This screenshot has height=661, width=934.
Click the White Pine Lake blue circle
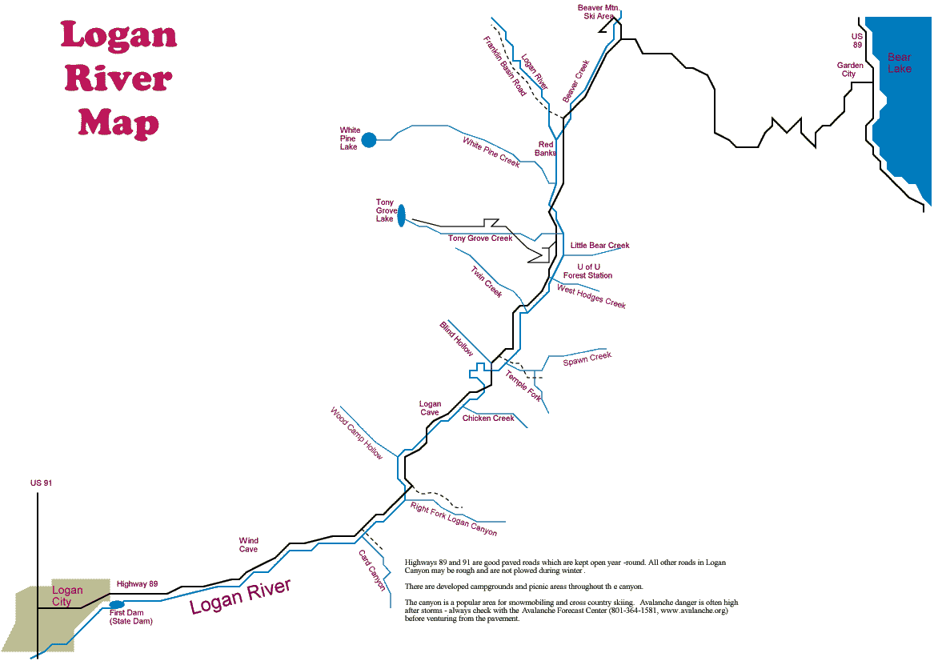pos(369,140)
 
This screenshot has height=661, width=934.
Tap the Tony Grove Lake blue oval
pos(401,214)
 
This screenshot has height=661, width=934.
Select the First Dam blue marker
pos(117,604)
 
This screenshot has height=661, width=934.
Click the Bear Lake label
pos(899,63)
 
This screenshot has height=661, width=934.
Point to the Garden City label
pos(850,70)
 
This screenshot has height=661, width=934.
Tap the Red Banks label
pos(546,149)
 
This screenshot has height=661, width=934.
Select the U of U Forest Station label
pos(587,271)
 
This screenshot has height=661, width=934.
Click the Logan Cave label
pos(430,408)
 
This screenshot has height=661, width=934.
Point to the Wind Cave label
pos(248,545)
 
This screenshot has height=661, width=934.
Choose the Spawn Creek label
pos(587,359)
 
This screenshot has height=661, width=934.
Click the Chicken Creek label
pos(488,419)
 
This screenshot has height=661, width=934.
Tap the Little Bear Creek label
pos(599,246)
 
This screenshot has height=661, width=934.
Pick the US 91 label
pos(41,483)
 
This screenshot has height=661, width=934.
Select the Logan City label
pos(67,596)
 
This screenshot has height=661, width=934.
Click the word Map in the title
pos(118,123)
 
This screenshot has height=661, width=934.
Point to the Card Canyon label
pos(372,570)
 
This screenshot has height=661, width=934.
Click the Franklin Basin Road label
pos(505,66)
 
